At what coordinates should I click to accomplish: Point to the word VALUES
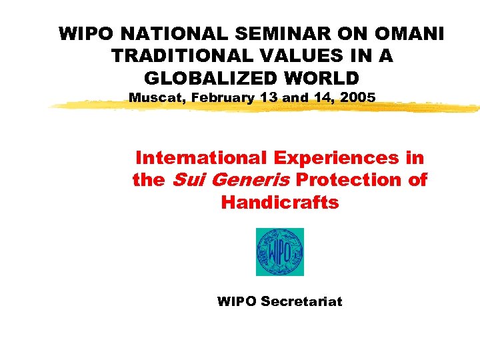click(x=289, y=56)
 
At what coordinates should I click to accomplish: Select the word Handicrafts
click(x=280, y=202)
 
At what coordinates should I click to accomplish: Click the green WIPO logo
click(x=280, y=251)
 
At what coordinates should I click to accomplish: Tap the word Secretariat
click(x=301, y=301)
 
